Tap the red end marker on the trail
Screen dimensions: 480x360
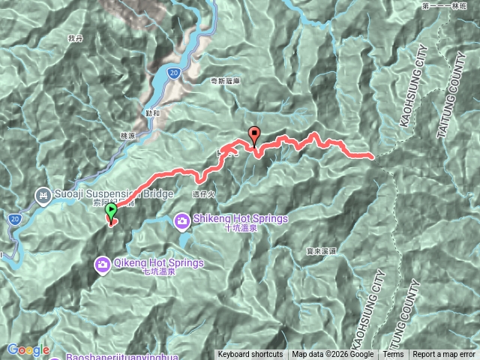coord(254,136)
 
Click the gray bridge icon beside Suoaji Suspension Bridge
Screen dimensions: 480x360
coord(42,197)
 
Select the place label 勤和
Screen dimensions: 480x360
coord(153,113)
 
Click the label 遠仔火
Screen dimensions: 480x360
coord(203,193)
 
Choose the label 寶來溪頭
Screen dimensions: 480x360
coord(320,251)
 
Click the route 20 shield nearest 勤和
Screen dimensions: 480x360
coord(173,73)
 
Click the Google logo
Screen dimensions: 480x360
coord(28,349)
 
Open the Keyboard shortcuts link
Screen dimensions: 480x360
coord(250,355)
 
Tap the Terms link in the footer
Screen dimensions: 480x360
coord(393,355)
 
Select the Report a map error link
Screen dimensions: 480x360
coord(444,355)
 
